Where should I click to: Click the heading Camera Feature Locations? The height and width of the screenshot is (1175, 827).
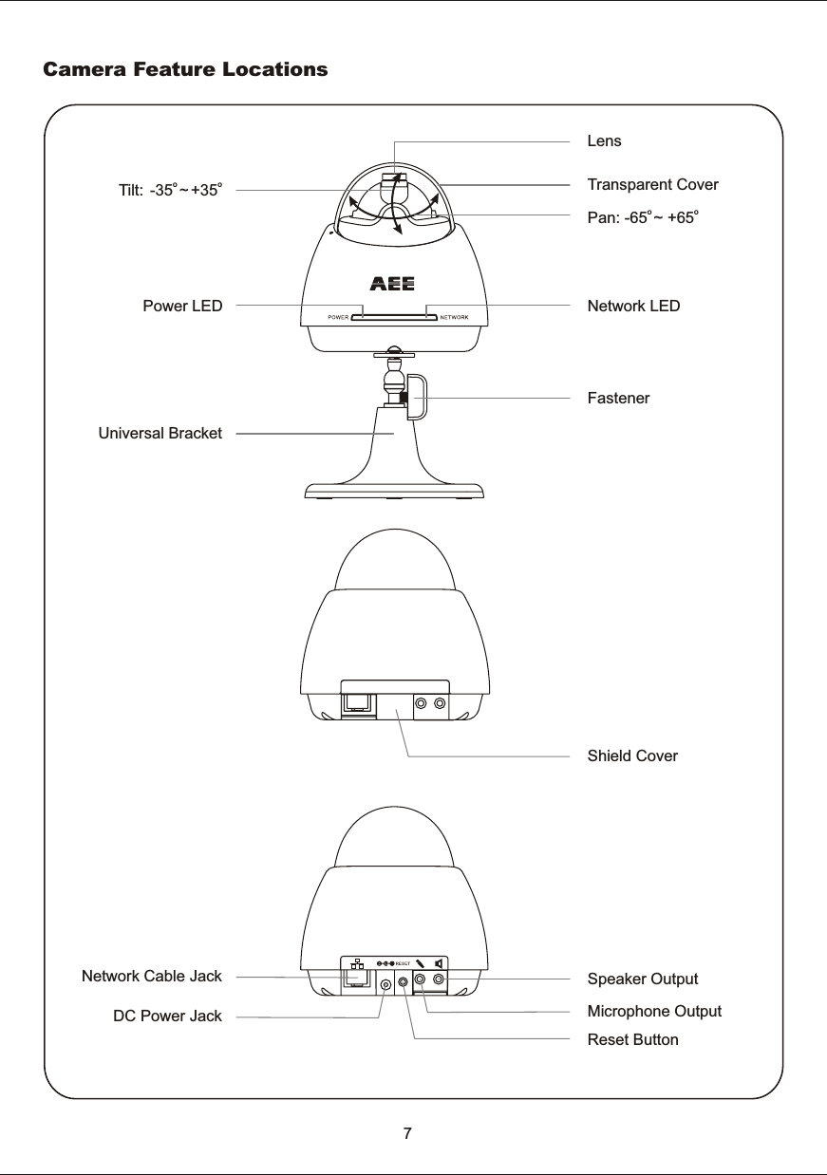point(185,70)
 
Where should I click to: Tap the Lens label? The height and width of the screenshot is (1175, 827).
point(604,141)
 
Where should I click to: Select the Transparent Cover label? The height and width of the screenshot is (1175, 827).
point(653,184)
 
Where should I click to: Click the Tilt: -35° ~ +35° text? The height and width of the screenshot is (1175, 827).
point(170,190)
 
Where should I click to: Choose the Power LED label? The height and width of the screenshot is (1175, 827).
point(182,307)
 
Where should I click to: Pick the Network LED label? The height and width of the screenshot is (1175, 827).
point(633,307)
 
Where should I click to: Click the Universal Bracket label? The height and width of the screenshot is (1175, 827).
point(160,434)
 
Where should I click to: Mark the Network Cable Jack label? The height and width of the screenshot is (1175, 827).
point(152,976)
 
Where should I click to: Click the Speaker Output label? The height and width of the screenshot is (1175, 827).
point(643,979)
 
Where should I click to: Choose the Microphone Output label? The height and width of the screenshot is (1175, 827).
point(654,1011)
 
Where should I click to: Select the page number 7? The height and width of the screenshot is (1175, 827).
point(407,1133)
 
